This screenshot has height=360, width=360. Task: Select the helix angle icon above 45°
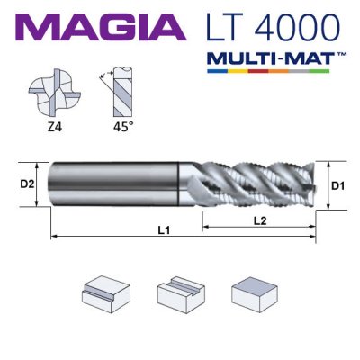coord(112,94)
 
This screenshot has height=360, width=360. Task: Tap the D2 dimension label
coord(27,185)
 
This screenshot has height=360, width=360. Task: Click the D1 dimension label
coord(337,185)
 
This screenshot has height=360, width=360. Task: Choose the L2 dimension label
coord(256,219)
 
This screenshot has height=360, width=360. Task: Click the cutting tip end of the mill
coord(310,185)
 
